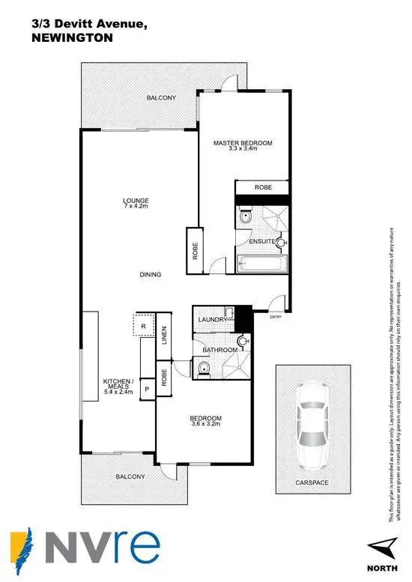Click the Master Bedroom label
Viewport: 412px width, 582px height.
point(242,145)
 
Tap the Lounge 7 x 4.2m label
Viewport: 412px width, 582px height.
point(137,203)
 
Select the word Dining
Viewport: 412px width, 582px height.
point(151,274)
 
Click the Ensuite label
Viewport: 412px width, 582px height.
point(263,241)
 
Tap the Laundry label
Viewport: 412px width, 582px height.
point(212,320)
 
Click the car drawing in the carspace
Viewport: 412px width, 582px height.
point(312,425)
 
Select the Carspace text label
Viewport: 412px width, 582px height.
point(312,483)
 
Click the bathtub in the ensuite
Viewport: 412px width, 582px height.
point(262,263)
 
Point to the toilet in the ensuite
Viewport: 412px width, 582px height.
point(245,218)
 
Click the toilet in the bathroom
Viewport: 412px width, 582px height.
point(204,367)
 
